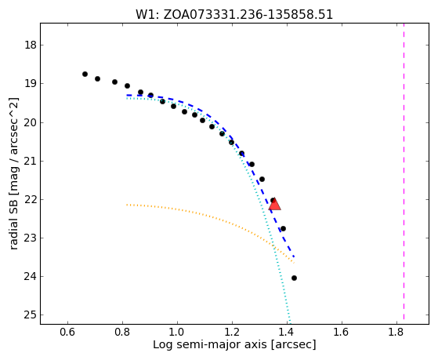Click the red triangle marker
(x=274, y=204)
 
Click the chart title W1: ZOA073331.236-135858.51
(x=234, y=15)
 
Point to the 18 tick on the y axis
(x=31, y=45)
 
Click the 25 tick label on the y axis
(x=31, y=315)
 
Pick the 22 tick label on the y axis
(x=31, y=199)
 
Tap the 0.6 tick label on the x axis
(x=67, y=332)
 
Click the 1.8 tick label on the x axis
(x=396, y=332)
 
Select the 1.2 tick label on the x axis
(x=232, y=332)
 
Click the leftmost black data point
(x=85, y=75)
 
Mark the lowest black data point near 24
(x=294, y=278)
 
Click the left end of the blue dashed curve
(x=127, y=96)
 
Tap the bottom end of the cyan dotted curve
(x=290, y=323)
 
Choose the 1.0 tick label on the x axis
(x=177, y=332)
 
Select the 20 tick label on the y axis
(x=31, y=122)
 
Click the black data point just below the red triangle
(x=283, y=228)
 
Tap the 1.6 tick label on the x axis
(x=342, y=332)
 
